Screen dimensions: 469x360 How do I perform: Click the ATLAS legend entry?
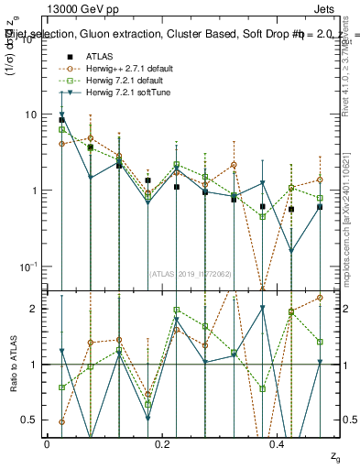coord(100,56)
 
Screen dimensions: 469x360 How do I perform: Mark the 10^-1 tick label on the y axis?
coord(29,266)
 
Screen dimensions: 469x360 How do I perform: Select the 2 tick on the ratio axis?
coord(34,309)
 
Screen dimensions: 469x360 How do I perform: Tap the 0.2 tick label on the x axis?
coord(162,444)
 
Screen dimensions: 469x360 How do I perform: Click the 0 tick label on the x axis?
coord(47,444)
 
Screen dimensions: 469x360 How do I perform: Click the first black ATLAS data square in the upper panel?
coord(61,120)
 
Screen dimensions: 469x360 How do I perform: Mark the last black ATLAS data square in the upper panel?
coord(320,207)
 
